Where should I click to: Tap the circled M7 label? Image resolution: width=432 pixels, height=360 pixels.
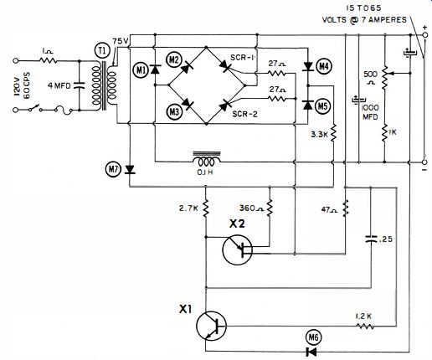pos(113,169)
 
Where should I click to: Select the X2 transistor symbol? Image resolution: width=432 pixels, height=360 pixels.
pos(238,250)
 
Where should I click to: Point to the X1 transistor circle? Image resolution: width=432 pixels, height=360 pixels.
pos(211,326)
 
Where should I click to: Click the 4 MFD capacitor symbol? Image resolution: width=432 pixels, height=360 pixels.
pos(79,85)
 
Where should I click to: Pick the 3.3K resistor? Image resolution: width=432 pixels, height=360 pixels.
pos(333,133)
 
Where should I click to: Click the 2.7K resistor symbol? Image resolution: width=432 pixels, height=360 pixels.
pos(206,208)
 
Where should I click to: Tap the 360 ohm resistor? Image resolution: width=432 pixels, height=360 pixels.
pos(270,208)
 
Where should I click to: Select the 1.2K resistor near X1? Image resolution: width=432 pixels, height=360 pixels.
pos(364,326)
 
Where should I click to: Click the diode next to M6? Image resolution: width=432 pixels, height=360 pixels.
pos(311,352)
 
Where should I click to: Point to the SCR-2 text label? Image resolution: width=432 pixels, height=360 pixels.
pos(244,114)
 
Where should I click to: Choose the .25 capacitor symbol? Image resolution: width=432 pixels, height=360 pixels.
pos(371,239)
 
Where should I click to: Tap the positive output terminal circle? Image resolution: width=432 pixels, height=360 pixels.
pos(424,35)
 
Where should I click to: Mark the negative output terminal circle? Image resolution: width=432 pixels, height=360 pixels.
pos(424,162)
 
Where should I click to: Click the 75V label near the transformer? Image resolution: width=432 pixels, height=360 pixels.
pos(121,41)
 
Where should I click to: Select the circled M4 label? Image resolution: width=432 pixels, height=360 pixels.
pos(323,66)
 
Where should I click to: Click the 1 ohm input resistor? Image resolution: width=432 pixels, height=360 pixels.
pos(49,60)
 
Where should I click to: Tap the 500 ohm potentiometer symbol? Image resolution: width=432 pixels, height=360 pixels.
pos(385,77)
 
